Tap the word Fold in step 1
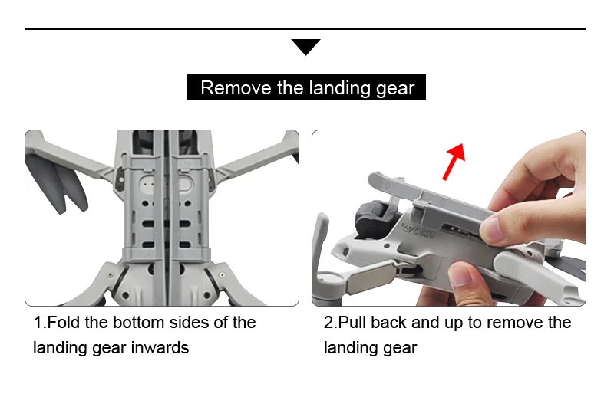[65, 322]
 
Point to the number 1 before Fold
[38, 322]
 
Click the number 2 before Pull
[328, 322]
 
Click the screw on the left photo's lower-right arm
[223, 272]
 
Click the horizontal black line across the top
[305, 29]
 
